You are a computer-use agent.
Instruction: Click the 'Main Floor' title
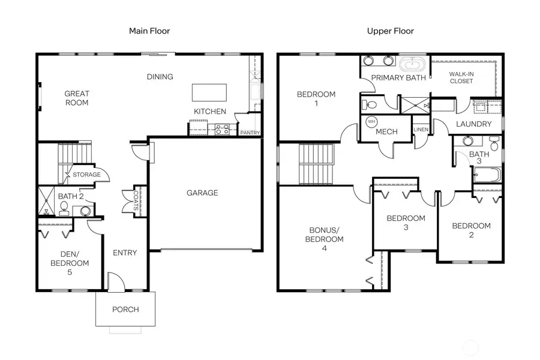[x=149, y=31]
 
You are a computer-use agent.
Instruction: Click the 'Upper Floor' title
[x=391, y=31]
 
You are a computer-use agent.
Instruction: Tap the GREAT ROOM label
[x=77, y=98]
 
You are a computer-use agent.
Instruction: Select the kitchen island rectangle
[x=209, y=93]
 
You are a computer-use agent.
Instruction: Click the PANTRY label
[x=249, y=133]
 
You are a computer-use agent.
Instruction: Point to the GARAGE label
[x=202, y=193]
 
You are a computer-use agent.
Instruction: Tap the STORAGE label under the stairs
[x=86, y=175]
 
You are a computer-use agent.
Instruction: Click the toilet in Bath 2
[x=64, y=207]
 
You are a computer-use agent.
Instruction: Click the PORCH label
[x=125, y=310]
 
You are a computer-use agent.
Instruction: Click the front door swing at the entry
[x=115, y=281]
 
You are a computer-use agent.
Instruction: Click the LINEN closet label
[x=420, y=130]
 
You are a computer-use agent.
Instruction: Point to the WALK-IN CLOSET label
[x=461, y=77]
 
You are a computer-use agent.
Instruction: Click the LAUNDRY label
[x=473, y=124]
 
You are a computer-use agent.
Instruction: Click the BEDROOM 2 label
[x=471, y=230]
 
